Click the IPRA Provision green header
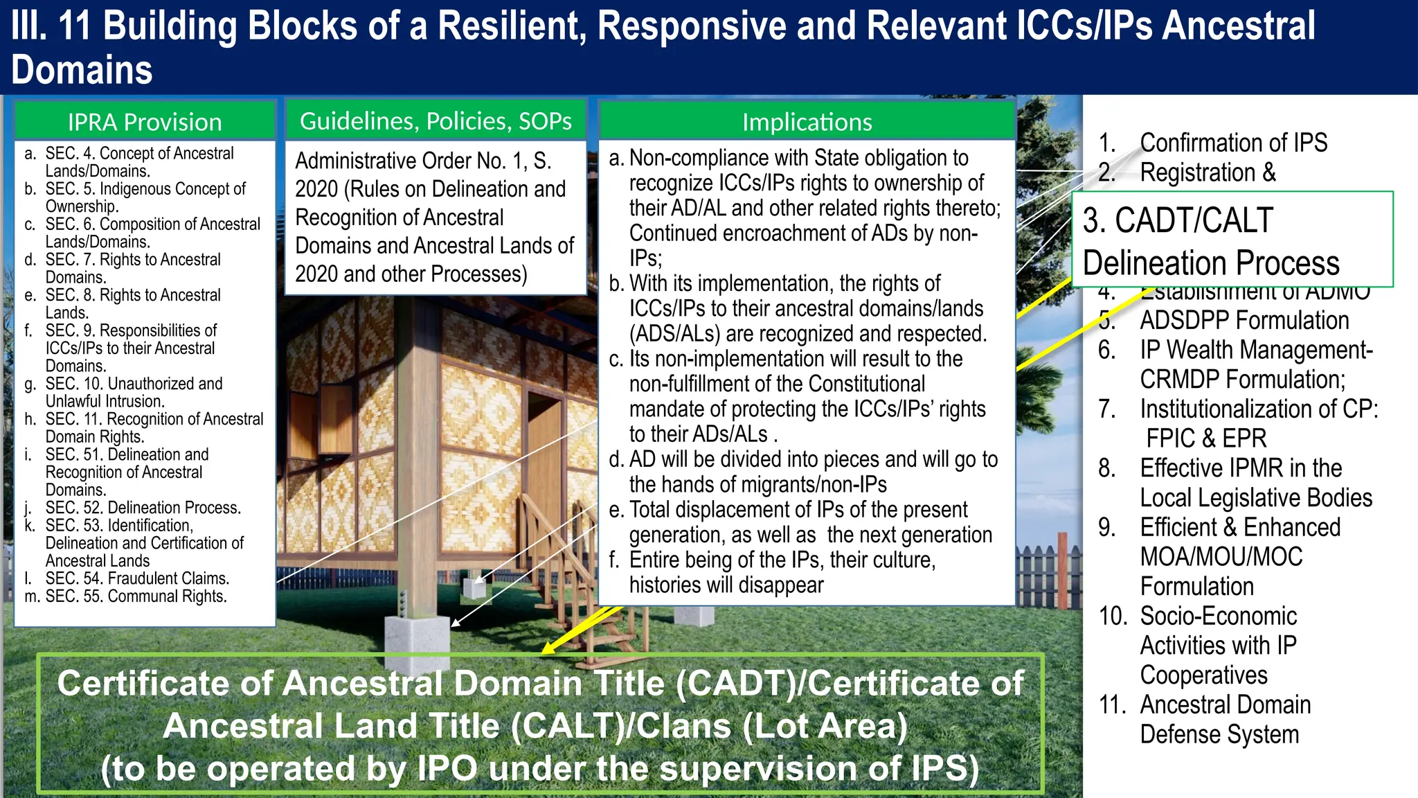tap(145, 122)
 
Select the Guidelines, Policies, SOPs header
tap(436, 121)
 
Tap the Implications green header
tap(807, 122)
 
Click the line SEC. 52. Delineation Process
tap(143, 508)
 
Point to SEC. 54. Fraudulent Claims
tap(137, 578)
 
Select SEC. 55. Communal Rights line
tap(136, 596)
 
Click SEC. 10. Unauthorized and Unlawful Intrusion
tap(134, 392)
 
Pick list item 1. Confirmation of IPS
tap(1232, 143)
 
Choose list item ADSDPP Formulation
tap(1244, 321)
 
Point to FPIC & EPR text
tap(1205, 438)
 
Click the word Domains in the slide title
tap(82, 71)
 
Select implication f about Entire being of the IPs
tap(782, 572)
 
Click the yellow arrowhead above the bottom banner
tap(549, 648)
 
